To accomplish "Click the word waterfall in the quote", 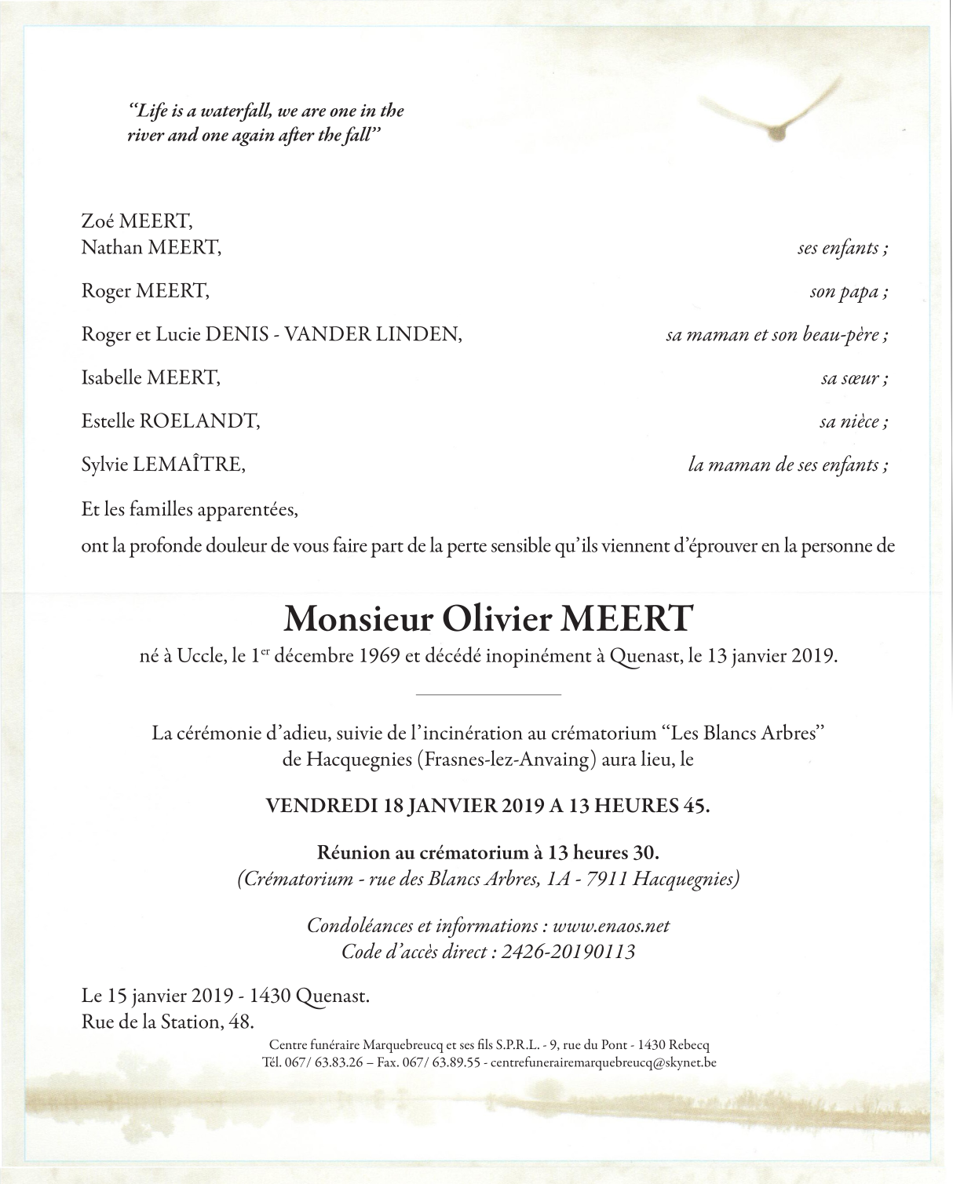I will click(224, 111).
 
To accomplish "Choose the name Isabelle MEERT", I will click(151, 377).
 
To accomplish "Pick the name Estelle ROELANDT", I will click(170, 421).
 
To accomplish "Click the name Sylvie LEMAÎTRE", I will click(163, 464).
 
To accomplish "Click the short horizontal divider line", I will click(487, 694).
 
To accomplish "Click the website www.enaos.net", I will click(611, 925).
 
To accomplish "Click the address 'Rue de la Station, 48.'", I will click(168, 1022).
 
